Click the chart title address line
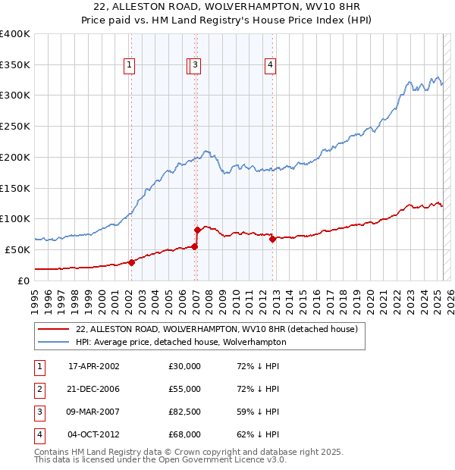coord(227,6)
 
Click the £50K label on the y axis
coord(19,249)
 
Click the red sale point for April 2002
coord(131,262)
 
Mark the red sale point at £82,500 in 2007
coord(197,229)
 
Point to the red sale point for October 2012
coord(272,238)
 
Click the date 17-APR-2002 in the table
coord(94,366)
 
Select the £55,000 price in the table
coord(185,389)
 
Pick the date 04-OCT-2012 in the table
coord(94,434)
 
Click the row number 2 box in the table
coord(38,389)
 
